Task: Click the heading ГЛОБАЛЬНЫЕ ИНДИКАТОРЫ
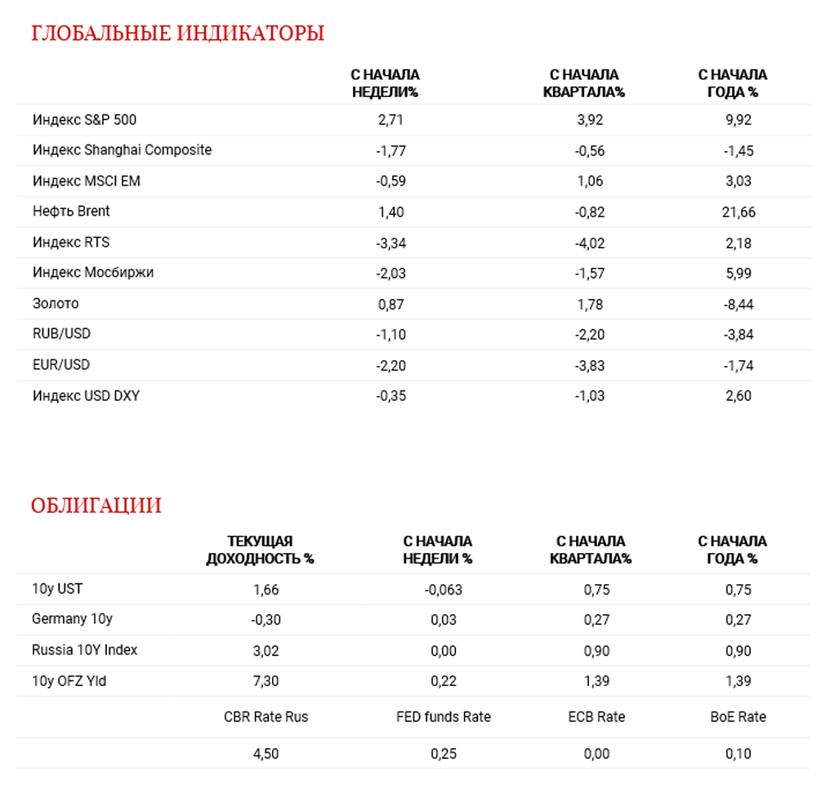pyautogui.click(x=177, y=33)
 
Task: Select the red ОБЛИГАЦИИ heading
pyautogui.click(x=96, y=506)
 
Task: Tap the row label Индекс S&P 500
pyautogui.click(x=84, y=120)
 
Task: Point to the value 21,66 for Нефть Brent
pyautogui.click(x=739, y=212)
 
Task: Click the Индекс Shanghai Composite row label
pyautogui.click(x=122, y=150)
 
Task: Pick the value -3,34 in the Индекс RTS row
pyautogui.click(x=391, y=243)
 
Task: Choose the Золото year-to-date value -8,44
pyautogui.click(x=739, y=304)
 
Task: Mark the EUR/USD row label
pyautogui.click(x=61, y=365)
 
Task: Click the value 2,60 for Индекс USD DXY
pyautogui.click(x=739, y=396)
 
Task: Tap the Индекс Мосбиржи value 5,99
pyautogui.click(x=739, y=274)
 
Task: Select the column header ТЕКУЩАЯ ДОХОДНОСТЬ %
pyautogui.click(x=260, y=551)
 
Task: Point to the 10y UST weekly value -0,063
pyautogui.click(x=443, y=590)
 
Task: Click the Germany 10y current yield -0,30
pyautogui.click(x=266, y=620)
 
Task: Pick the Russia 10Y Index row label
pyautogui.click(x=84, y=650)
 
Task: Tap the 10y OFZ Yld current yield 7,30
pyautogui.click(x=266, y=681)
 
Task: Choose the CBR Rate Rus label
pyautogui.click(x=266, y=717)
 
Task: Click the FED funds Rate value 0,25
pyautogui.click(x=444, y=754)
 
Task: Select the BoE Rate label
pyautogui.click(x=739, y=717)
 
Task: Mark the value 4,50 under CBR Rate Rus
pyautogui.click(x=266, y=754)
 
